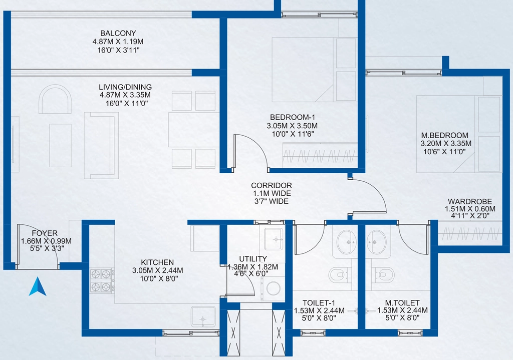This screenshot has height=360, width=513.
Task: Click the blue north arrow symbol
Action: click(x=38, y=287)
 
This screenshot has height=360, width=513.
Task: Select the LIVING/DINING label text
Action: click(x=125, y=87)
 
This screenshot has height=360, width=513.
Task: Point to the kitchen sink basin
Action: click(x=203, y=316)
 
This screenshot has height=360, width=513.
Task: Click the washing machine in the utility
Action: click(x=273, y=289)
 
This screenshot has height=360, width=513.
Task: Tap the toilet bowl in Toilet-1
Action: click(x=339, y=275)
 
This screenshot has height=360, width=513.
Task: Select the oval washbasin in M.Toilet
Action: click(x=376, y=242)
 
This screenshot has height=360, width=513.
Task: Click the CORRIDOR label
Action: click(x=271, y=185)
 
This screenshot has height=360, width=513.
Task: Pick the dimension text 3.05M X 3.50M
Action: click(x=292, y=126)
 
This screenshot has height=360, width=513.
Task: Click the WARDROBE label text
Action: click(x=469, y=201)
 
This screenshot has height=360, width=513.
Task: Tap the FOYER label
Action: click(x=45, y=233)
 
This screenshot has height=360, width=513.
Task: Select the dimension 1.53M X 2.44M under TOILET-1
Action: click(x=319, y=310)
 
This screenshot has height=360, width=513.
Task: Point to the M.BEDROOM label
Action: click(x=444, y=135)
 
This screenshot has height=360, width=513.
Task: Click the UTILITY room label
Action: click(x=252, y=259)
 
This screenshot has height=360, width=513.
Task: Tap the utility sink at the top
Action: click(x=273, y=239)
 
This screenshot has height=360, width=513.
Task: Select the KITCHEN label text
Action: click(x=157, y=262)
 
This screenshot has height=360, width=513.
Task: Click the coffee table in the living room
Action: click(x=60, y=145)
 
